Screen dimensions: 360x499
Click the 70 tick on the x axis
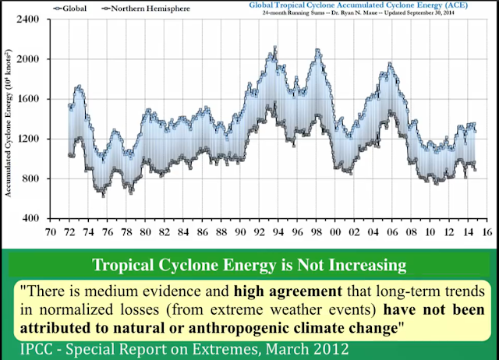(52, 231)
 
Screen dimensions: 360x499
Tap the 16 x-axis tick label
(487, 231)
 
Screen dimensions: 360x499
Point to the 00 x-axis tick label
(335, 231)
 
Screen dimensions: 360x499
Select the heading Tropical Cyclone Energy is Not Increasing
(249, 265)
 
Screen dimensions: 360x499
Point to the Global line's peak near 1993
(274, 49)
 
